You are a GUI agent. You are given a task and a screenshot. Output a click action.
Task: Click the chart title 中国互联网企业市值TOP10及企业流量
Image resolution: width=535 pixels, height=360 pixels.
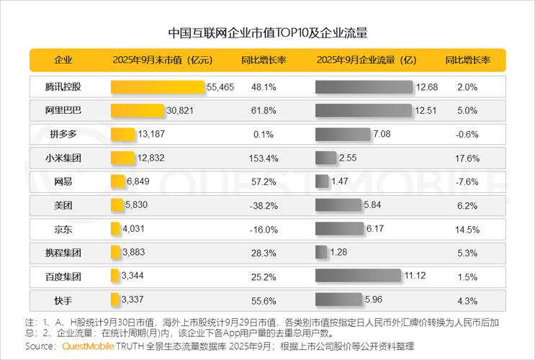(x=267, y=33)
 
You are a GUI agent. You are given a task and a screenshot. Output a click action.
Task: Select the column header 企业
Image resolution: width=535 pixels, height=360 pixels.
(x=63, y=60)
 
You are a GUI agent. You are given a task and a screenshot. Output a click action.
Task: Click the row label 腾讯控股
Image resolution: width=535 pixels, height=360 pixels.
(x=63, y=87)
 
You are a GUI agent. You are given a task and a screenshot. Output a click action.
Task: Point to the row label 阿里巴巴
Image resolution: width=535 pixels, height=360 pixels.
(x=63, y=110)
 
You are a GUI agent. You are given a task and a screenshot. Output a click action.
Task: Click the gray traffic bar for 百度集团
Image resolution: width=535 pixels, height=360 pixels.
(x=358, y=276)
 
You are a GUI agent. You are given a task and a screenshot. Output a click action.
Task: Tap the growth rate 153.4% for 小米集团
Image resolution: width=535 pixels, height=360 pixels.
(x=264, y=158)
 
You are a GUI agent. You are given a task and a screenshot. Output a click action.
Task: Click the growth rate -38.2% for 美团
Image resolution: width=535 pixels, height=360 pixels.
(x=264, y=205)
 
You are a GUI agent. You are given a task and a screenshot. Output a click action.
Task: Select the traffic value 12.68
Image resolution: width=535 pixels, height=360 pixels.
(x=426, y=87)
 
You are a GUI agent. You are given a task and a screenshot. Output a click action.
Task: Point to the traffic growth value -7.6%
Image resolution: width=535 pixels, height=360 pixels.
(x=467, y=181)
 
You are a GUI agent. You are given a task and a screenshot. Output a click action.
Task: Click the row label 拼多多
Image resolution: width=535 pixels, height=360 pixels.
(x=63, y=134)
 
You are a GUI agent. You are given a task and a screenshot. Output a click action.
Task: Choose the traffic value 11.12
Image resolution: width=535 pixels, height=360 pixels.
(x=415, y=276)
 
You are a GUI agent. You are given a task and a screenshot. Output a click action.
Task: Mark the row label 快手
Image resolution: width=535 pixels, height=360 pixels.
(x=63, y=300)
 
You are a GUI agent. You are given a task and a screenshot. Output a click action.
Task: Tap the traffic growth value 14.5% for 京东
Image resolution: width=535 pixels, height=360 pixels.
(x=467, y=229)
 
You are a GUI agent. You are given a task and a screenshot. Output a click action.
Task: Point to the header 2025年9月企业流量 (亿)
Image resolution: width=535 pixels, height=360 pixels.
(x=367, y=60)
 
